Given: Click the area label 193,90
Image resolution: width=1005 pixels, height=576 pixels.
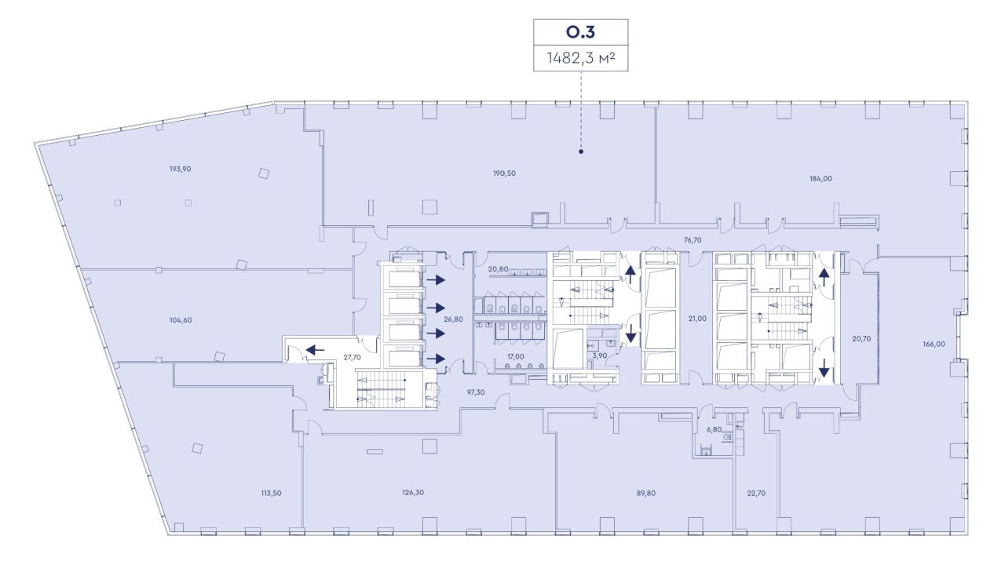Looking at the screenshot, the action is (x=181, y=170).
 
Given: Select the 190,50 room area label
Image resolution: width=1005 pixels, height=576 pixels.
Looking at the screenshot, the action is (x=504, y=173).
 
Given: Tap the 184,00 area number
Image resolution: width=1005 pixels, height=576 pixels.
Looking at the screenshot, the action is (x=820, y=179).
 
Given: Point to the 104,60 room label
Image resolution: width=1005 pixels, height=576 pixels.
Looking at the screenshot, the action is (x=181, y=320).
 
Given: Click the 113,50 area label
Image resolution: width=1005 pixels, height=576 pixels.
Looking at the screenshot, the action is (x=271, y=493).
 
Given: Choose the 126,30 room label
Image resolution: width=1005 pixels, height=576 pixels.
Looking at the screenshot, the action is (x=413, y=493).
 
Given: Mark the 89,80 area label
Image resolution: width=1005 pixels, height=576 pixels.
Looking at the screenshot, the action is (x=645, y=493).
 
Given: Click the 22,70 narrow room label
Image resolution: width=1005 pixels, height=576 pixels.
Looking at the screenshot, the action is (x=756, y=493).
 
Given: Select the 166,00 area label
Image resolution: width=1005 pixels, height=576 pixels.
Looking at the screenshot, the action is (x=934, y=344).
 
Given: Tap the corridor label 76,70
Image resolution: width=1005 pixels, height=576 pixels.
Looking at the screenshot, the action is (x=693, y=240).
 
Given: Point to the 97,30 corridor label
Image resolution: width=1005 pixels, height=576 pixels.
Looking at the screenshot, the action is (x=476, y=392).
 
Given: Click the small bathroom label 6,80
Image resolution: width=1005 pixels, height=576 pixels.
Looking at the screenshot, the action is (x=714, y=429).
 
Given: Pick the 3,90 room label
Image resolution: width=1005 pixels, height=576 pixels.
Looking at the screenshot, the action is (x=600, y=355).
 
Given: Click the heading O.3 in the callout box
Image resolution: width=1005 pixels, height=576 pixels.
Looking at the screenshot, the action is (x=580, y=32).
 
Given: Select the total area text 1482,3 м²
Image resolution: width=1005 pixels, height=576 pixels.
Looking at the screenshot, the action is (x=580, y=58).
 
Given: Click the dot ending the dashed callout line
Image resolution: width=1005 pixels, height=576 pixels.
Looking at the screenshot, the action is (x=581, y=151).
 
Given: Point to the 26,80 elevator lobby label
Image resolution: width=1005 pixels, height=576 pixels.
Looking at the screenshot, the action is (x=453, y=319).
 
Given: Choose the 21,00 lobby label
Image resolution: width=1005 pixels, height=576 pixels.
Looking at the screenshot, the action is (x=697, y=319).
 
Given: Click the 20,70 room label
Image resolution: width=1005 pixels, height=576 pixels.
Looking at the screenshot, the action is (x=861, y=339).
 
